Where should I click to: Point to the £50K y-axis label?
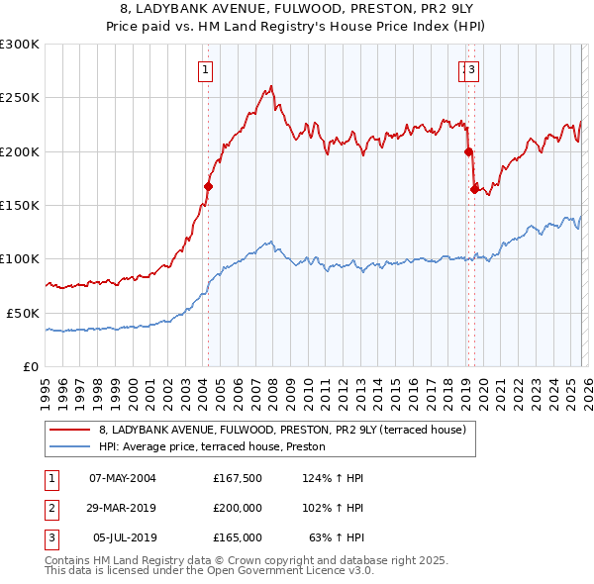pos(22,312)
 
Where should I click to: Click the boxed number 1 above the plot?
pos(205,69)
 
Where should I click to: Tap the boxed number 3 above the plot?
pos(472,69)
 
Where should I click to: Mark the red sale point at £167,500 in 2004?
pos(208,186)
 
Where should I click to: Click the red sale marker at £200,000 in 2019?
pos(468,151)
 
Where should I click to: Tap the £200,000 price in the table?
pos(238,508)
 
